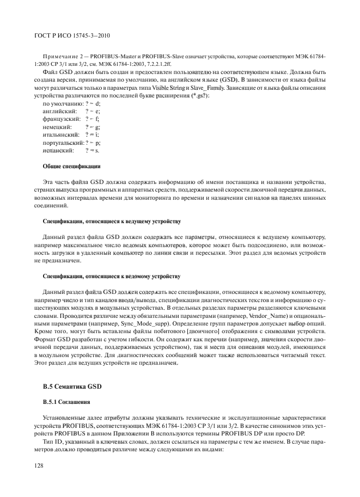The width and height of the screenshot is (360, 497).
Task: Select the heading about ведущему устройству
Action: pyautogui.click(x=112, y=222)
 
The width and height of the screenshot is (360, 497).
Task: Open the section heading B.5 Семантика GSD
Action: pyautogui.click(x=72, y=388)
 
